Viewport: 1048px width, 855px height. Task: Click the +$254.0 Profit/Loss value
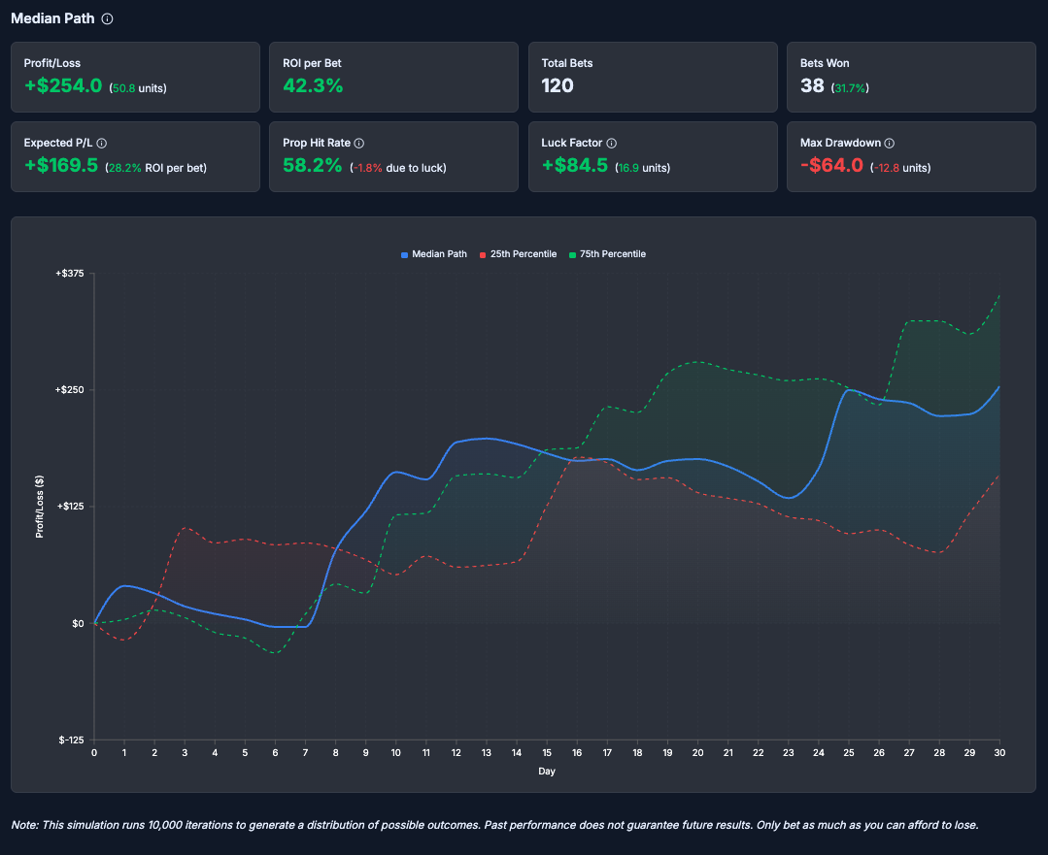(x=63, y=85)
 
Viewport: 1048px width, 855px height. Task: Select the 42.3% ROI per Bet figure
(x=313, y=85)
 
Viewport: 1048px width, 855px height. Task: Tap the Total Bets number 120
(x=558, y=85)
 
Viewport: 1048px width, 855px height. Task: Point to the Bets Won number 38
(x=812, y=85)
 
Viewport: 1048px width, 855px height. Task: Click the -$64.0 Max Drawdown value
(x=831, y=166)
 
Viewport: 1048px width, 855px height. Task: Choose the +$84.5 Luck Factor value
(x=574, y=166)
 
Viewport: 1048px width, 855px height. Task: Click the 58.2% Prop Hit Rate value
(x=312, y=166)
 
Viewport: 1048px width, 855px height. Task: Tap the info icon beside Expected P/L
(x=102, y=143)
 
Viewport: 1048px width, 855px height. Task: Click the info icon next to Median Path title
(x=108, y=18)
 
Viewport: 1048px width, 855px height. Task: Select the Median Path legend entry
(x=434, y=254)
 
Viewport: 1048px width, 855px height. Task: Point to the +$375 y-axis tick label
(x=71, y=274)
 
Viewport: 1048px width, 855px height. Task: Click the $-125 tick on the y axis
(x=71, y=740)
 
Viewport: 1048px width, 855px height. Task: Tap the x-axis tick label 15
(x=547, y=752)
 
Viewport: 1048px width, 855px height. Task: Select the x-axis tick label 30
(x=999, y=752)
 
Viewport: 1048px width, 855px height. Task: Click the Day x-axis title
(x=547, y=772)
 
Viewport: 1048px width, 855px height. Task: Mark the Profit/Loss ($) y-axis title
(x=40, y=507)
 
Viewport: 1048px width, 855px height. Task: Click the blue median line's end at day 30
(x=999, y=387)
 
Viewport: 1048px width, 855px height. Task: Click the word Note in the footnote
(x=23, y=825)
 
